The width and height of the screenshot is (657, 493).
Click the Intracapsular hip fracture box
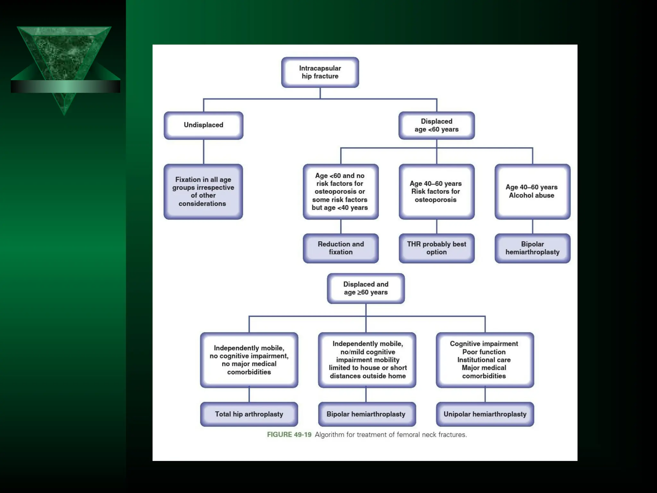pyautogui.click(x=320, y=72)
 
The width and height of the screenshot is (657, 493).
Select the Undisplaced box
pyautogui.click(x=203, y=125)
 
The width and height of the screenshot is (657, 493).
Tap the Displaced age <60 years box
pyautogui.click(x=436, y=125)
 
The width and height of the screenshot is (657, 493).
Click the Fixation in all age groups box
pyautogui.click(x=203, y=192)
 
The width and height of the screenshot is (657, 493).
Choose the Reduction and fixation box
pyautogui.click(x=341, y=248)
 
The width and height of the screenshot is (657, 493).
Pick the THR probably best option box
pyautogui.click(x=436, y=248)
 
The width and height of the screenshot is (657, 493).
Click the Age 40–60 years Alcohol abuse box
pyautogui.click(x=532, y=192)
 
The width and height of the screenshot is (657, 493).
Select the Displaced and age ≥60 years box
pyautogui.click(x=366, y=288)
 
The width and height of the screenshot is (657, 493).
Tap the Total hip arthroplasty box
pyautogui.click(x=249, y=414)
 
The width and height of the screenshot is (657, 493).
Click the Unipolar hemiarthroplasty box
pyautogui.click(x=485, y=414)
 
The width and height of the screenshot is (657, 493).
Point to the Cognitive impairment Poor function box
pyautogui.click(x=484, y=360)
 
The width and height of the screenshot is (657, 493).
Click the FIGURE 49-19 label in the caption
pyautogui.click(x=289, y=435)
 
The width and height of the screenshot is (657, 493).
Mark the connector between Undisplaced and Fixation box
pyautogui.click(x=203, y=151)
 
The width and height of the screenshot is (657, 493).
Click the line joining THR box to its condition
pyautogui.click(x=437, y=227)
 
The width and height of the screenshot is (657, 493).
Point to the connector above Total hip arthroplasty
pyautogui.click(x=249, y=395)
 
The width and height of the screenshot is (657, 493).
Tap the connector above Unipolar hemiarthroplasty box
pyautogui.click(x=485, y=395)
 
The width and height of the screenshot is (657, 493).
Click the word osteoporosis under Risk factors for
pyautogui.click(x=435, y=200)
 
